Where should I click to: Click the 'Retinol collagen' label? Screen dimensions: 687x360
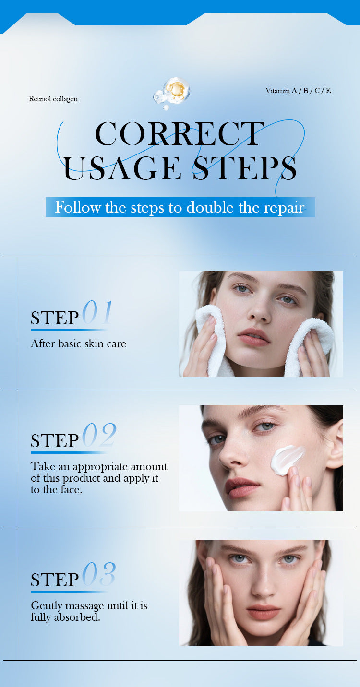53,99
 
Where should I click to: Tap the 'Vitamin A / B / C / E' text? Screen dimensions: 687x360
298,91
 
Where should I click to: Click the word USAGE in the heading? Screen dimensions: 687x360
122,168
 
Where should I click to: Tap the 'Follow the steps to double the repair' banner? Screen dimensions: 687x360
180,207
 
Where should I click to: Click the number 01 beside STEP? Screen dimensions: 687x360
97,313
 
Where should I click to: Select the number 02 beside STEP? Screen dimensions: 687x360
99,436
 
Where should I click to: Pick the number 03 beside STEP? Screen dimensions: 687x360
99,575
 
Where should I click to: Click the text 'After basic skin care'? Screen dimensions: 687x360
78,343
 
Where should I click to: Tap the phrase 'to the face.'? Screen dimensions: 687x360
57,490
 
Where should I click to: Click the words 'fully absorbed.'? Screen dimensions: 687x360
65,617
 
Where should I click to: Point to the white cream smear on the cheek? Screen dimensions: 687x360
287,459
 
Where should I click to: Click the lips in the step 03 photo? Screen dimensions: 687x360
263,611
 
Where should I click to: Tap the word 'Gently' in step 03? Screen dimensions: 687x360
46,606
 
